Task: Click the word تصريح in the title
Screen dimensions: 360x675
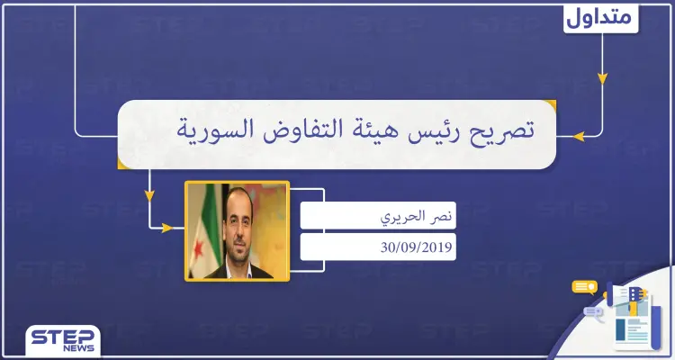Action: coord(499,132)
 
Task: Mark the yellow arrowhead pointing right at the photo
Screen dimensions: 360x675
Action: coord(166,228)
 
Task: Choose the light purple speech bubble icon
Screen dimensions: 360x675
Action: coord(594,312)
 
